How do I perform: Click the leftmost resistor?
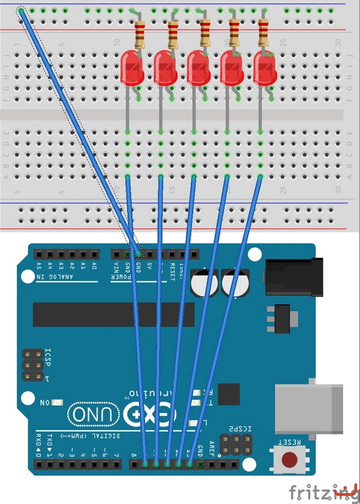pyautogui.click(x=140, y=35)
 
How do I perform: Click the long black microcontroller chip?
pyautogui.click(x=113, y=315)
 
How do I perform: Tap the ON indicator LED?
pyautogui.click(x=58, y=402)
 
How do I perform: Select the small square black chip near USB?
pyautogui.click(x=229, y=394)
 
